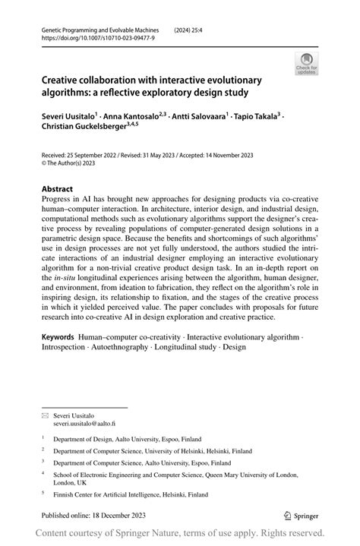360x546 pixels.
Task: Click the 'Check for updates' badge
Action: [x=308, y=63]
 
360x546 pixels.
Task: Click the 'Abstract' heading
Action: [x=58, y=188]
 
